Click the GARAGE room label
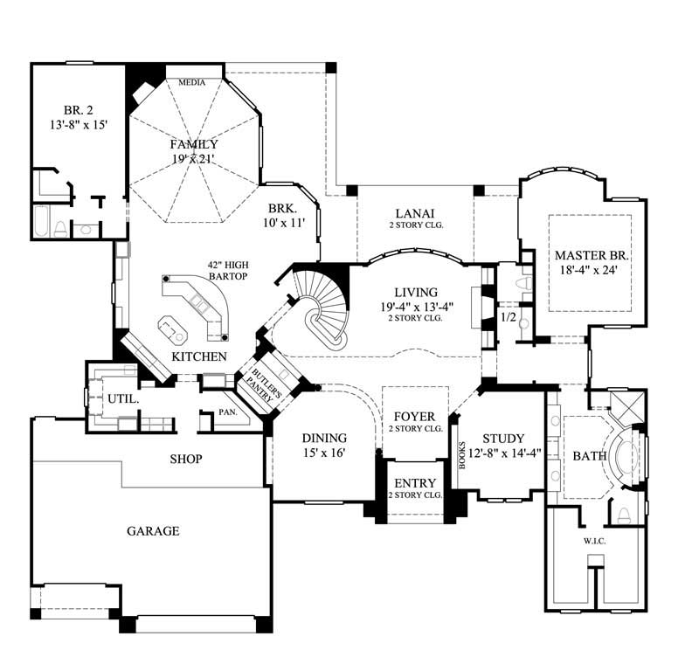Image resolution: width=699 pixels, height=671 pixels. (x=153, y=530)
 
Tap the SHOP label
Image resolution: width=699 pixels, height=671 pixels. (x=186, y=459)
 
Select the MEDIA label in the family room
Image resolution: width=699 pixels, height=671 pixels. (x=191, y=83)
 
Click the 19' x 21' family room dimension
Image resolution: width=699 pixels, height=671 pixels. (x=194, y=159)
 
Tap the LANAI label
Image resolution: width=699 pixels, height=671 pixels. (x=415, y=213)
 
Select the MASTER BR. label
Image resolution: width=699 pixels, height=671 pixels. (x=592, y=255)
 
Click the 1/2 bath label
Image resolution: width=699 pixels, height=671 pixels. (x=507, y=317)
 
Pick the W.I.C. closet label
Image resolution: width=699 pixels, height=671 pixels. (x=595, y=542)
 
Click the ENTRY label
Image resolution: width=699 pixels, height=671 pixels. (x=416, y=483)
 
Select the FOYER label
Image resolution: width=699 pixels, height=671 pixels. (x=415, y=416)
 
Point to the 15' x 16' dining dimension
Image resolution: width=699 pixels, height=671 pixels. (x=324, y=453)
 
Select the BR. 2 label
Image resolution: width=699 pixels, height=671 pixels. (x=79, y=110)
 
